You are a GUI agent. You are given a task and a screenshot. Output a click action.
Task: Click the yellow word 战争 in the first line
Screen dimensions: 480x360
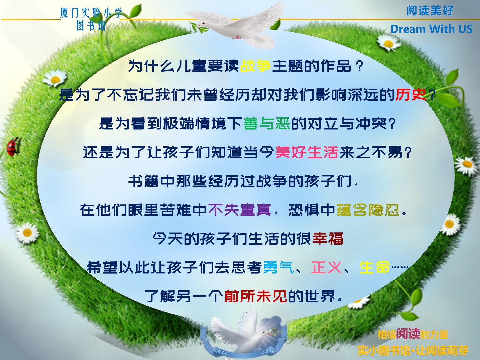point(255,66)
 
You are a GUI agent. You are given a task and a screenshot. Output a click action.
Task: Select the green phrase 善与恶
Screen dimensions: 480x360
point(267,123)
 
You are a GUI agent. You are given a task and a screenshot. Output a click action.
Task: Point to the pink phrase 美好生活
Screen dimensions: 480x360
point(307,152)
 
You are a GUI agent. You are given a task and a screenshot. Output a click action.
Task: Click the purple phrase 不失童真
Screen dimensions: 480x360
point(239,210)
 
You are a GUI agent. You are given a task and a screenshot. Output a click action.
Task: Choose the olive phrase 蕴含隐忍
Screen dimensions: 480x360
point(368,210)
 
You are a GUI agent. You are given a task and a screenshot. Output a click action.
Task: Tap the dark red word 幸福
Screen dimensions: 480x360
point(328,238)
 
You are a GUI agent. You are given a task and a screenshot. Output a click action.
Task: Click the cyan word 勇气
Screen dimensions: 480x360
point(278,267)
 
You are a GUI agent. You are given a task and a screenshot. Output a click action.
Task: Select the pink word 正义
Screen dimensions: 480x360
point(326,267)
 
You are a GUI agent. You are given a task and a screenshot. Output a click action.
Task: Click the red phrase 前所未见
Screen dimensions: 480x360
point(255,296)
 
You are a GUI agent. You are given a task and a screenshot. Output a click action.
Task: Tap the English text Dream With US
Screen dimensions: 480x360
point(431,29)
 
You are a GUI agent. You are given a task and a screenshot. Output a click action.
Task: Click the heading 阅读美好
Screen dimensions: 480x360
point(430,10)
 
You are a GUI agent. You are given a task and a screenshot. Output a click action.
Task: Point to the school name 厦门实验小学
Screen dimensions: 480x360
point(91,13)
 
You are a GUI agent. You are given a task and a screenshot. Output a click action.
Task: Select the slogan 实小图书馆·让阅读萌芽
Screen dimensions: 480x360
point(413,350)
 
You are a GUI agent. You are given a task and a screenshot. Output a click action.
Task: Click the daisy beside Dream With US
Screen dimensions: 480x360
point(389,42)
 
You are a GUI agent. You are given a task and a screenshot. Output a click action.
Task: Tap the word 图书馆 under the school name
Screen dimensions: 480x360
point(91,26)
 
